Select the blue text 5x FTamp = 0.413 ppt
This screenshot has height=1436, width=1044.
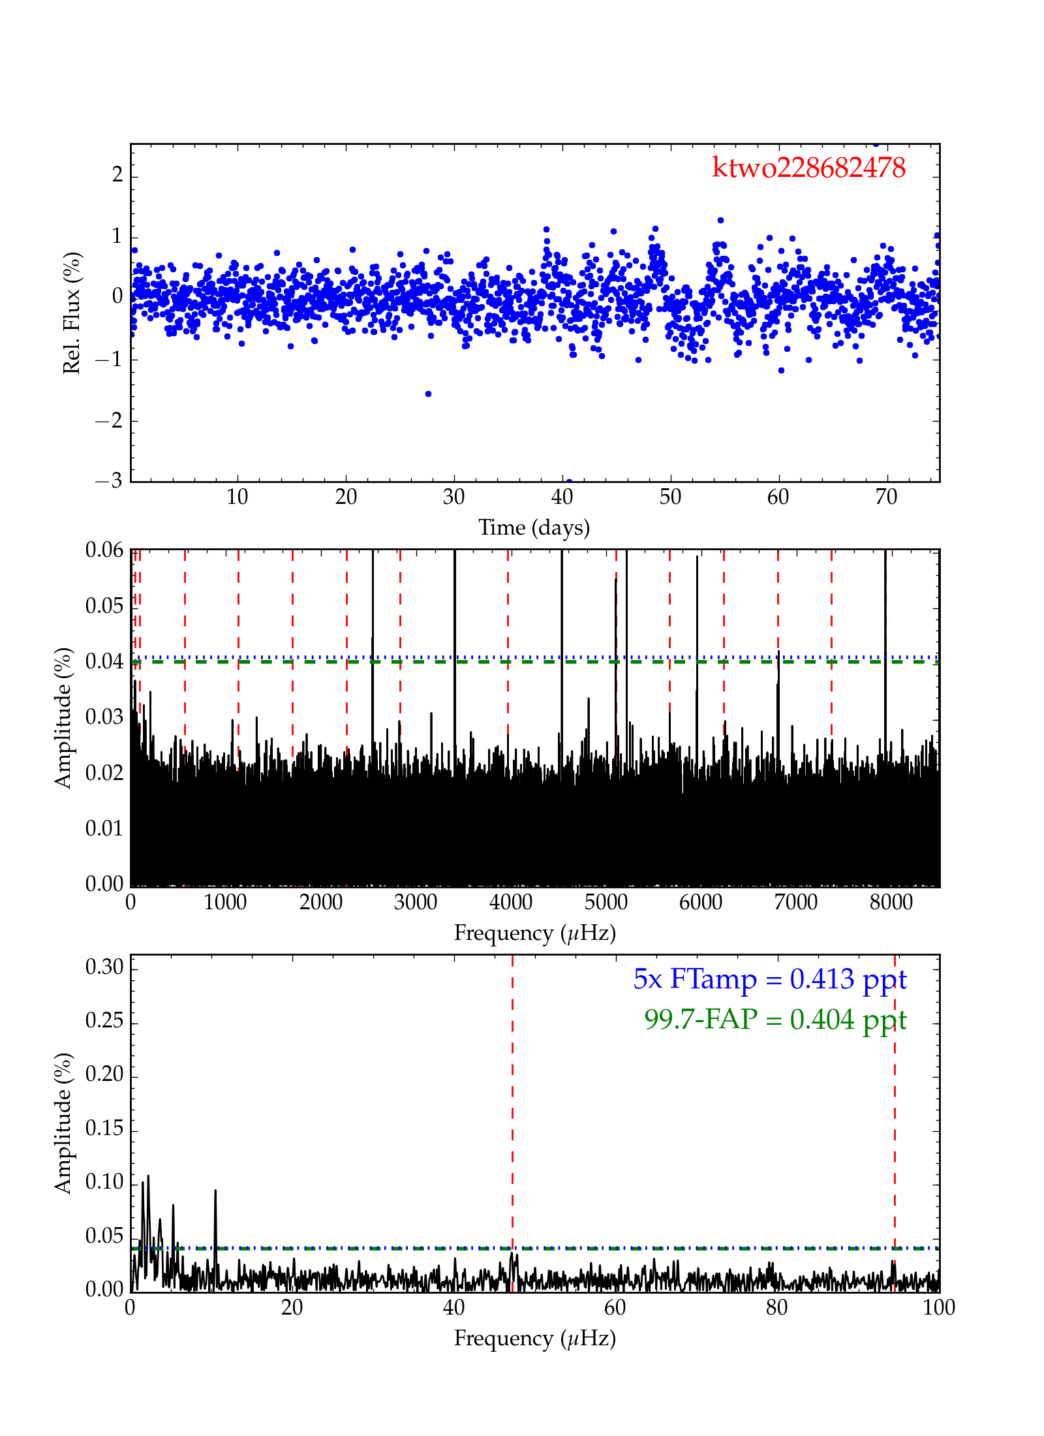point(769,979)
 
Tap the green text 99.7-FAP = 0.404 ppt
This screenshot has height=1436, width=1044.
point(775,1019)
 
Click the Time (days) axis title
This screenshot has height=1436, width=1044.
point(534,527)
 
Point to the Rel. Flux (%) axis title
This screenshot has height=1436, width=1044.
point(71,313)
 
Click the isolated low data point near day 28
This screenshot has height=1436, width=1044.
point(428,394)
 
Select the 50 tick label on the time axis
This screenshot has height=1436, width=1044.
point(670,497)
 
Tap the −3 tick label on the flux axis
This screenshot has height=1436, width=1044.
point(109,481)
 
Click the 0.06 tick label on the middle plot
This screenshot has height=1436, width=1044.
point(104,550)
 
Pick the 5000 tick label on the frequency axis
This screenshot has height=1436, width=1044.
point(606,902)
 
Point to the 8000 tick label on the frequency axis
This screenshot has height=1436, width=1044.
point(891,902)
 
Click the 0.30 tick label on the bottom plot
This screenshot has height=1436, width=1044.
point(104,967)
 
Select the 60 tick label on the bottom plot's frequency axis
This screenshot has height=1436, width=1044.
point(615,1307)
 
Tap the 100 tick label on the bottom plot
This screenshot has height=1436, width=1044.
point(939,1307)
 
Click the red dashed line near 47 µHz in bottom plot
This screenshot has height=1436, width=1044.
point(512,1110)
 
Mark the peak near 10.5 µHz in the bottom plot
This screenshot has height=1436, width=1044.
point(215,1191)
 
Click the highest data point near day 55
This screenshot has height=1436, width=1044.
point(720,221)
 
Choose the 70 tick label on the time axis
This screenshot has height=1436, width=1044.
point(886,497)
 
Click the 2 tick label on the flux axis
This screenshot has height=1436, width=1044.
point(117,175)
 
